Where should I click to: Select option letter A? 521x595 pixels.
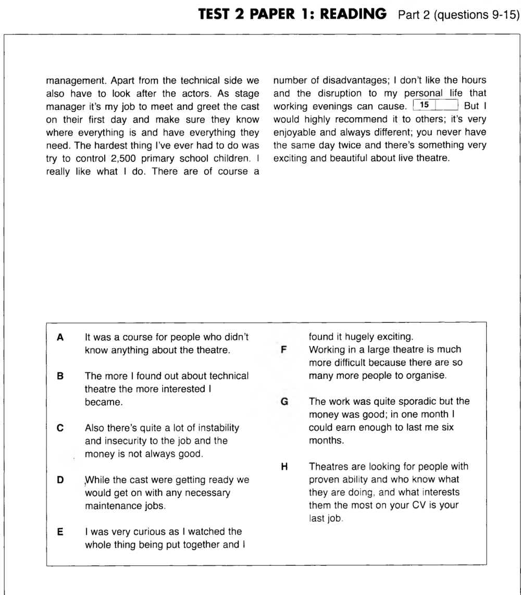[x=60, y=338]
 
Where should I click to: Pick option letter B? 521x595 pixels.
[x=60, y=375]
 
